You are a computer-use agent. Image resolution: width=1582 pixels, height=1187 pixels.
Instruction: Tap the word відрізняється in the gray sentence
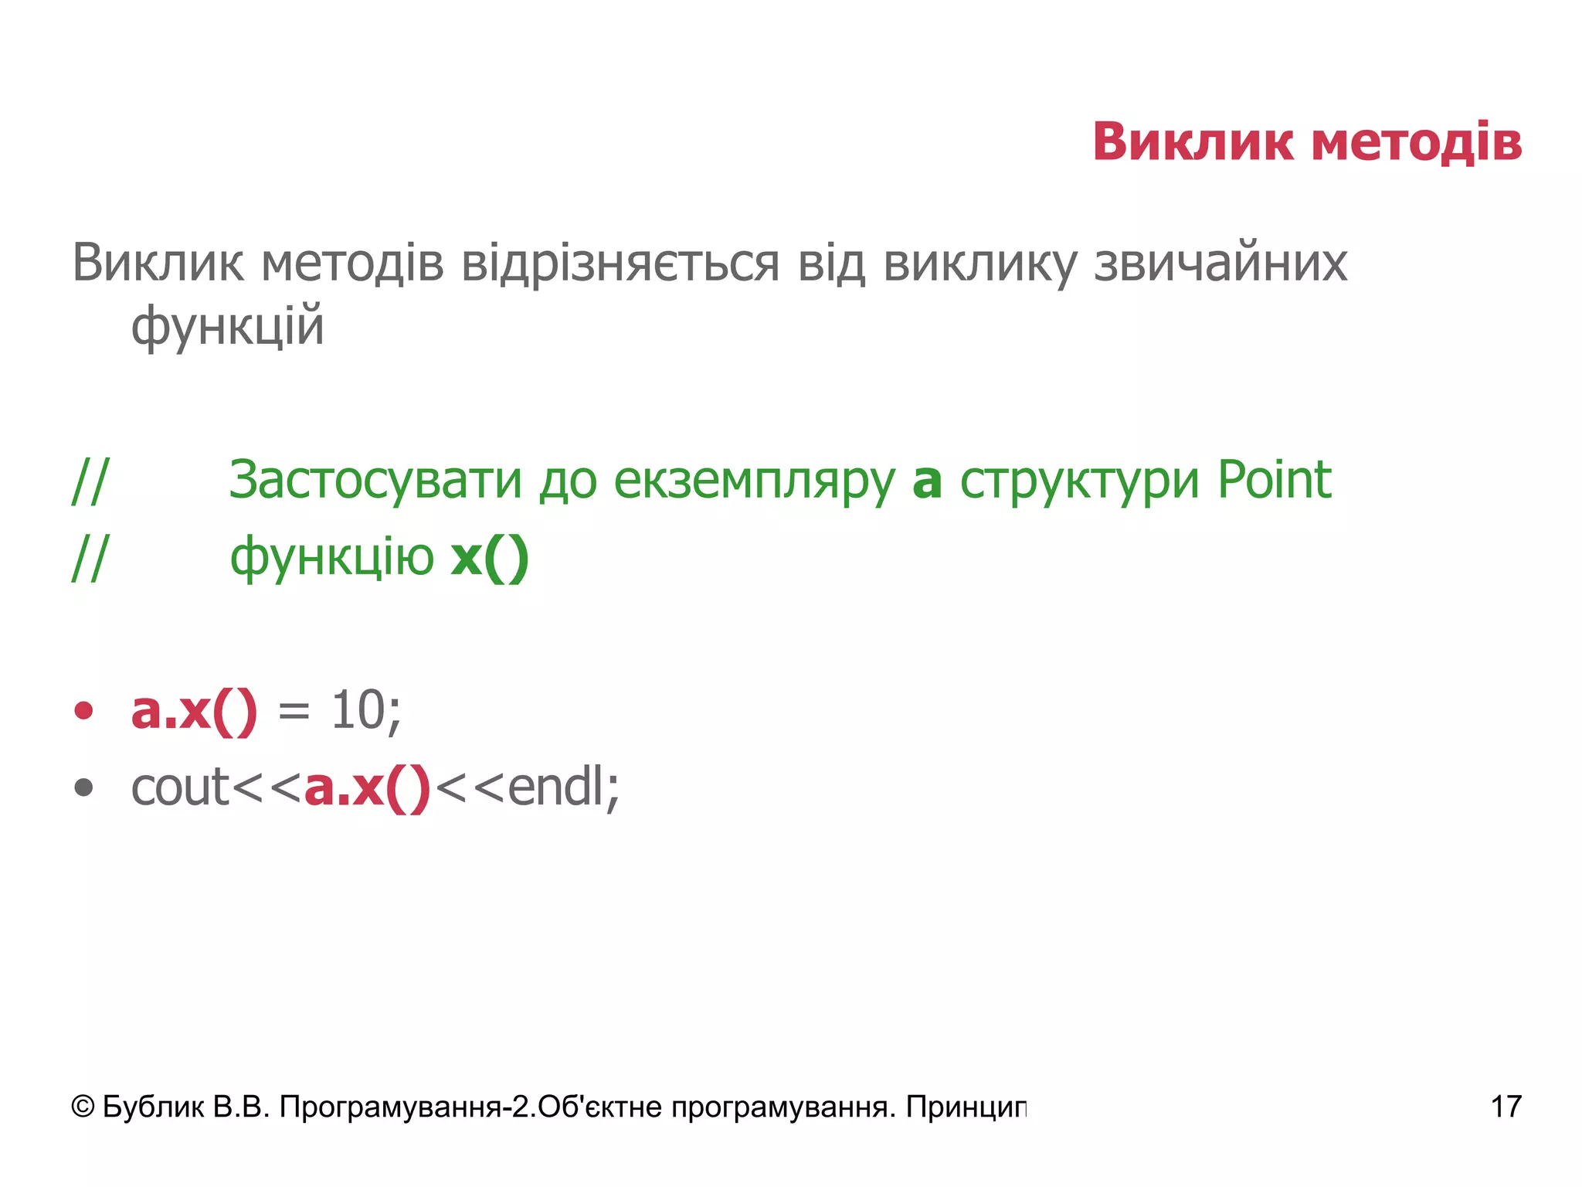(x=620, y=264)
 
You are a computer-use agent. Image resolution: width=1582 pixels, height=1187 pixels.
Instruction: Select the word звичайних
(x=1220, y=264)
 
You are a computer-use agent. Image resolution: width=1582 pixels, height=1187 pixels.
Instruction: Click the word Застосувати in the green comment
(x=375, y=481)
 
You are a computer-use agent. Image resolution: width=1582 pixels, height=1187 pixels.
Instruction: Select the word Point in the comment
(x=1275, y=481)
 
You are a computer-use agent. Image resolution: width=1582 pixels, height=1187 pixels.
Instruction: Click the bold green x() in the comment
(x=490, y=557)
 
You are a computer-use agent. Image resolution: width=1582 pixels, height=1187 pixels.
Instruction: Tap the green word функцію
(x=332, y=559)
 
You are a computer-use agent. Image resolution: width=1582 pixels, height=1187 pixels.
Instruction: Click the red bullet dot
(x=83, y=711)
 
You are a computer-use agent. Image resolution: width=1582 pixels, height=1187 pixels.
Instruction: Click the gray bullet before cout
(x=83, y=788)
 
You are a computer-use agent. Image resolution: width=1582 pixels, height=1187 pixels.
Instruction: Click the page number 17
(x=1506, y=1107)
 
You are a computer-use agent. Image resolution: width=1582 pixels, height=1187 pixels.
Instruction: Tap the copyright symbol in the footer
(x=83, y=1107)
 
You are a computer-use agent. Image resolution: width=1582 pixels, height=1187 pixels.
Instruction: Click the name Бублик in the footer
(x=153, y=1107)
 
